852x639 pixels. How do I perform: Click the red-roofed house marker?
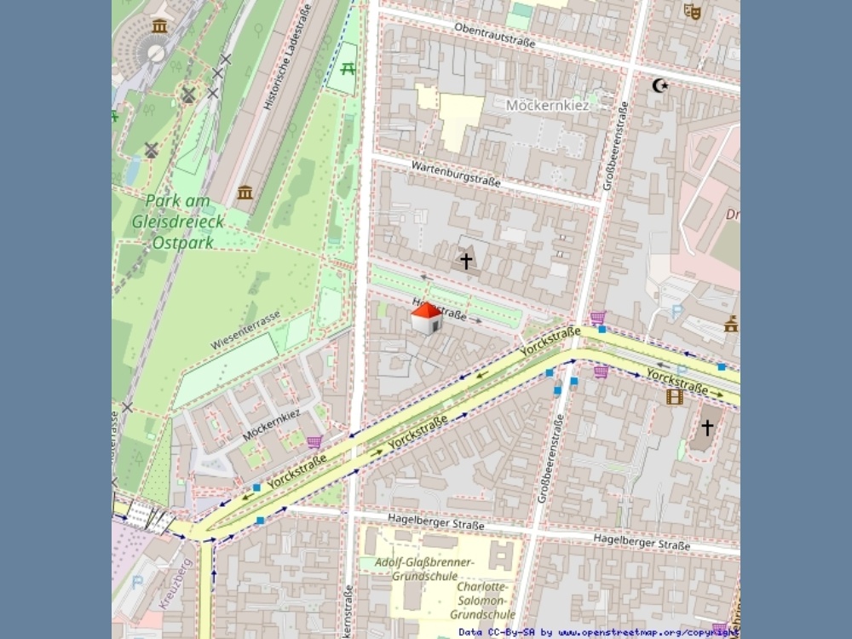coord(426,318)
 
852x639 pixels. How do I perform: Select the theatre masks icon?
coord(692,11)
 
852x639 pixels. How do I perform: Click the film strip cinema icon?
coord(675,396)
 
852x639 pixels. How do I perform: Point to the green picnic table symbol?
coord(348,69)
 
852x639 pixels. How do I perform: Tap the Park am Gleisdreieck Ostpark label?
coord(179,222)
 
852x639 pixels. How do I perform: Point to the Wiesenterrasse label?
coord(245,331)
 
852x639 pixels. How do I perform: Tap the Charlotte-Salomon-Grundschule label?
coord(483,601)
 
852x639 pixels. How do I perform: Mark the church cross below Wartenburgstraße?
coord(466,261)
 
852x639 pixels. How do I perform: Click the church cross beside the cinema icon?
coord(707,428)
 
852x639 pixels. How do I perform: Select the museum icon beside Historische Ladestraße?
coord(245,192)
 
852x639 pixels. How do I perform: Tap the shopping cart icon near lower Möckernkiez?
coord(314,442)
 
